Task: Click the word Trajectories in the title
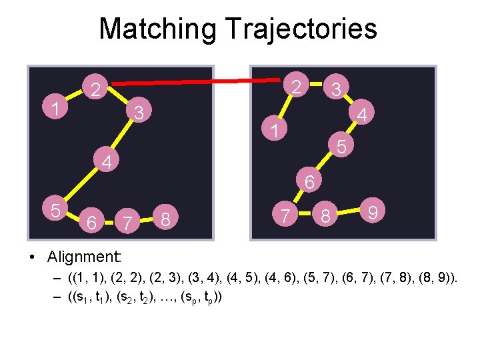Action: [301, 29]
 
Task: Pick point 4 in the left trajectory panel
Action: [105, 161]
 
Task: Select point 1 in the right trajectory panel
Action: [274, 129]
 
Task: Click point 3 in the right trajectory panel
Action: [337, 89]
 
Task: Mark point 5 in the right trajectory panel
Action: [341, 145]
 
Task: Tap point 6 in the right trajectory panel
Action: [309, 181]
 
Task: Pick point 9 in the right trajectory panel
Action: [374, 212]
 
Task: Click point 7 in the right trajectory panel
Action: [285, 215]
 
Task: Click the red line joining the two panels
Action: [200, 81]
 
